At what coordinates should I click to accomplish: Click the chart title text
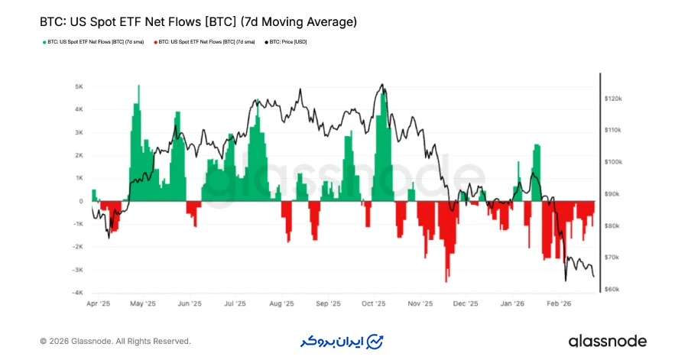pos(198,22)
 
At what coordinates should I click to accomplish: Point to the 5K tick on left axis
pos(79,86)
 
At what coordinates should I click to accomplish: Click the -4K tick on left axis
pos(78,293)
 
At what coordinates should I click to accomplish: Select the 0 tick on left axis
pos(81,201)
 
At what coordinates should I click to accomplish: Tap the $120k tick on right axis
pos(614,99)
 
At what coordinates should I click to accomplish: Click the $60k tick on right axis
pos(613,290)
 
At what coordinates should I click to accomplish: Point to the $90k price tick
pos(613,194)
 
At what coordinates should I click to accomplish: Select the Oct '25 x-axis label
pos(374,303)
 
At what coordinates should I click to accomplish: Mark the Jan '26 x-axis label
pos(512,303)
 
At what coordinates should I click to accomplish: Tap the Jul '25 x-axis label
pos(235,303)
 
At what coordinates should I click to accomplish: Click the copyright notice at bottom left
pos(115,341)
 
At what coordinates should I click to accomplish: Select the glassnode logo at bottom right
pos(607,341)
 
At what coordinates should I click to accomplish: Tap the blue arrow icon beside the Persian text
pos(375,341)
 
